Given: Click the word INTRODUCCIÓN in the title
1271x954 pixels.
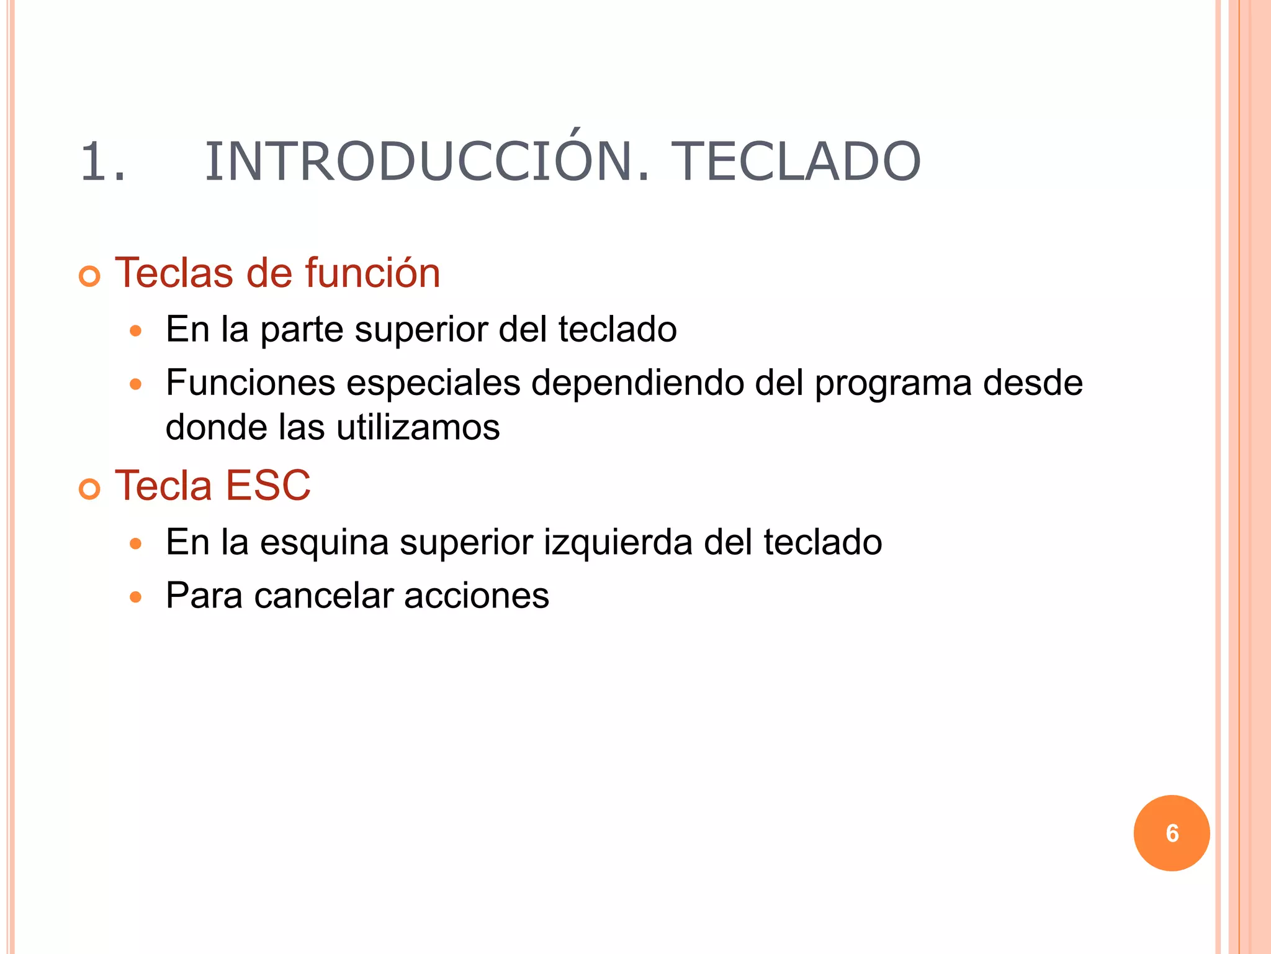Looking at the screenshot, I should pyautogui.click(x=428, y=161).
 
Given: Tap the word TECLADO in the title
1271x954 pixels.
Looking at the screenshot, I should pyautogui.click(x=796, y=161).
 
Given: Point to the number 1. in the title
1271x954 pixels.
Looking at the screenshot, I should pyautogui.click(x=103, y=161).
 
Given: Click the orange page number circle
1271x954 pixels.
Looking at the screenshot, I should pyautogui.click(x=1171, y=833).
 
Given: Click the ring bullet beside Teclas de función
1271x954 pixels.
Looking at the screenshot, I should pyautogui.click(x=90, y=276).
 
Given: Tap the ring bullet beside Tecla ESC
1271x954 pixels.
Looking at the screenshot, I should pyautogui.click(x=90, y=489).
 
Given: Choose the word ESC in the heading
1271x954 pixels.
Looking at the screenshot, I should pyautogui.click(x=267, y=485).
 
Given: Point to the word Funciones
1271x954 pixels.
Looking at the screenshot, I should pyautogui.click(x=250, y=383).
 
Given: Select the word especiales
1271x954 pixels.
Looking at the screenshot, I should pyautogui.click(x=433, y=383).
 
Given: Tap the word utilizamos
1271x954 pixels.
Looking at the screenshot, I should pyautogui.click(x=418, y=428).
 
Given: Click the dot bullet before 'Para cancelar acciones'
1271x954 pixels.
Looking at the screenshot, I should pyautogui.click(x=136, y=597).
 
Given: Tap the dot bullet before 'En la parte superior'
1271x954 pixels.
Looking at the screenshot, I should pyautogui.click(x=136, y=331).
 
